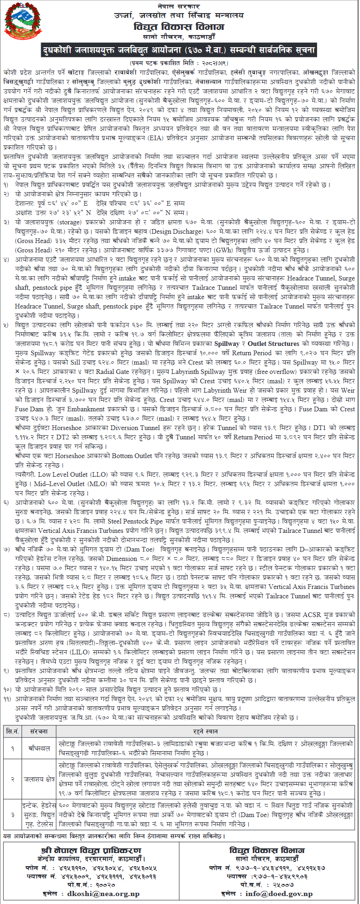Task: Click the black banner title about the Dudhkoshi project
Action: coord(180,50)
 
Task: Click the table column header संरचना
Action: coord(39,732)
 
